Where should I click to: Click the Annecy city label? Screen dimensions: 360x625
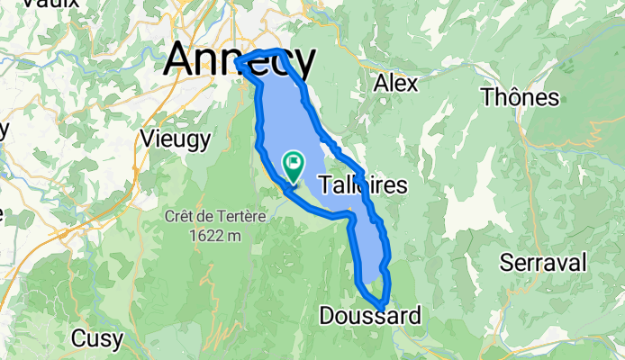coord(240,61)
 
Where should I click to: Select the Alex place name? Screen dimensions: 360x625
coord(395,84)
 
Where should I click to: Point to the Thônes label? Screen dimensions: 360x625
coord(521,96)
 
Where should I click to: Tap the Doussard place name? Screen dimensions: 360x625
coord(369,315)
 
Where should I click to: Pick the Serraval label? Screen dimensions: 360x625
coord(544,263)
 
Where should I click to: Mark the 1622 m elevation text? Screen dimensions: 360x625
coord(208,235)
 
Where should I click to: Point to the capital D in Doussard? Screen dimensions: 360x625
coord(328,315)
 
